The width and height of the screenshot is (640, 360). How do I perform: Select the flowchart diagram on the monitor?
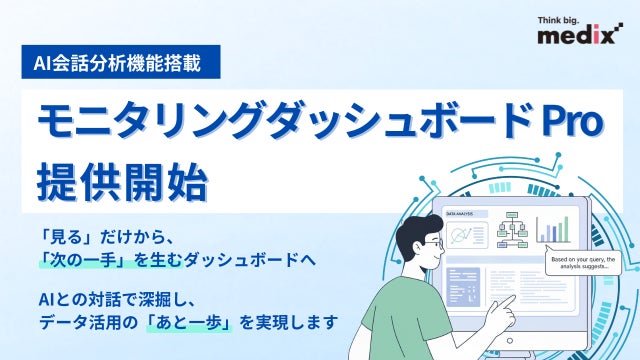pos(516,231)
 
